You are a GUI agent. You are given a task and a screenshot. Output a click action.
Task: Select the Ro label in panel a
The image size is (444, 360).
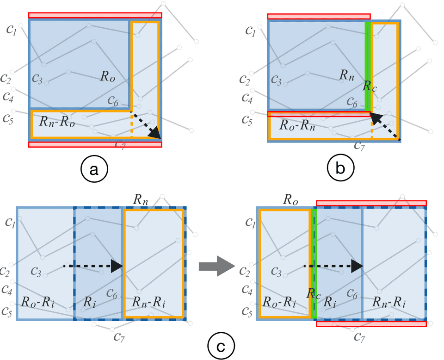pos(107,76)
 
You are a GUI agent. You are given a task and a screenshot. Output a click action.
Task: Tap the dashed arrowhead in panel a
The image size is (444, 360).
pos(156,133)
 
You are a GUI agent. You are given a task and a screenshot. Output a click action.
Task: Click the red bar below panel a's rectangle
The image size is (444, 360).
pos(95,144)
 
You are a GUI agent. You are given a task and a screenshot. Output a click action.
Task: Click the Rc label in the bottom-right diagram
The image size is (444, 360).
pos(314,294)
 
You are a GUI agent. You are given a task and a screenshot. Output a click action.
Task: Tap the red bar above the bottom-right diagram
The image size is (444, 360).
pos(371,203)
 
